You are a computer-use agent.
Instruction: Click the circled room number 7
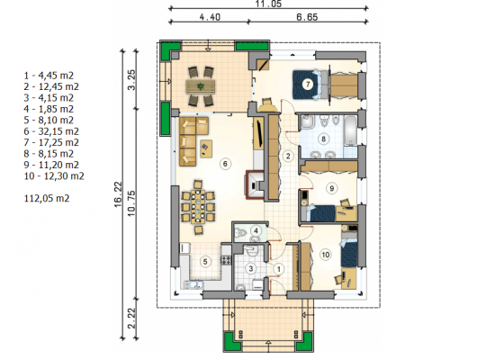tap(308, 85)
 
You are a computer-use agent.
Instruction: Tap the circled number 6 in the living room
tap(225, 164)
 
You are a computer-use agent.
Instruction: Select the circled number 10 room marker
tap(325, 255)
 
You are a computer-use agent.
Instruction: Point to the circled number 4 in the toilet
tap(256, 230)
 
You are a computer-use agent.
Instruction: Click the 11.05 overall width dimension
tap(268, 4)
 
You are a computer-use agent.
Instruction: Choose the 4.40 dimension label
tap(210, 17)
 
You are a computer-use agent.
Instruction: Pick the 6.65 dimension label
tap(307, 17)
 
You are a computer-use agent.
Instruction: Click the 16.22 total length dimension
tap(118, 194)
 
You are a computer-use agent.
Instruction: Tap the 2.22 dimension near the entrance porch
tap(131, 319)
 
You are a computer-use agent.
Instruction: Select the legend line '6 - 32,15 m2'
tap(51, 131)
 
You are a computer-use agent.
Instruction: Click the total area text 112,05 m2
tap(47, 198)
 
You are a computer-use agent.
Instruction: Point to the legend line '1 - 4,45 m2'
tap(49, 76)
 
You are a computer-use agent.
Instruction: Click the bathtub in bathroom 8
tap(350, 130)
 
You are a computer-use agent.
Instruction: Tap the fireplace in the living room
tap(255, 184)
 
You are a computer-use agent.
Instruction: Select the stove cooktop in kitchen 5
tap(226, 260)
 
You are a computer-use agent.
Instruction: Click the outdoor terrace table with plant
tap(200, 86)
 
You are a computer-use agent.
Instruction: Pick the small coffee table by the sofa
tap(206, 148)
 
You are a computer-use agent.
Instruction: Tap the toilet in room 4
tap(241, 233)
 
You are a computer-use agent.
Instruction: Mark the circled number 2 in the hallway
tap(288, 156)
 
